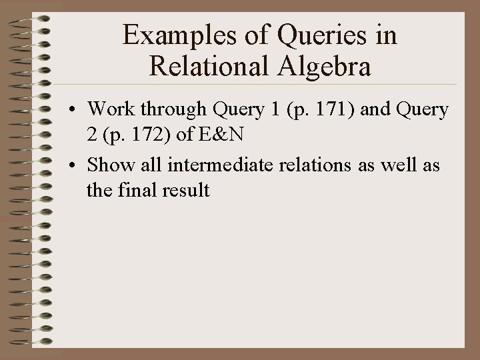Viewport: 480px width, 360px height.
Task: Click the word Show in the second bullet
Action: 109,164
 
